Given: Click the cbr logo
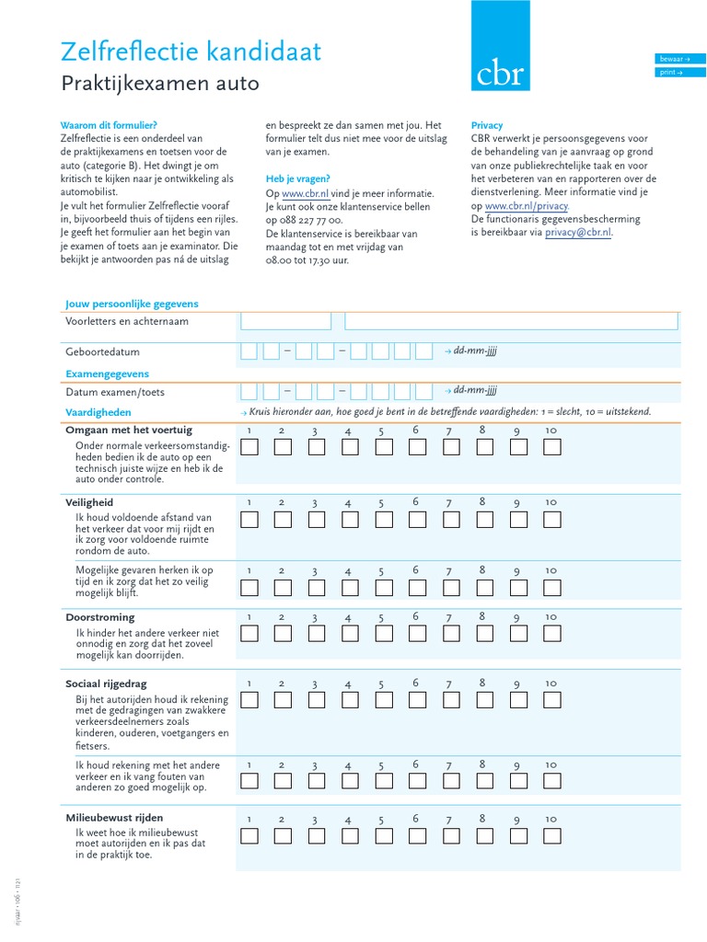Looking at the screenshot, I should click(500, 46).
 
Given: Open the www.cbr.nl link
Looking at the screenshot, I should click(305, 194).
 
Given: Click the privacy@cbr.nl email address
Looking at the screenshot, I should click(577, 233).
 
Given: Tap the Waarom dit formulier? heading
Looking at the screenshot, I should click(109, 125).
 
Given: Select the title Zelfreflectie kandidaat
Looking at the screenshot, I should click(191, 52).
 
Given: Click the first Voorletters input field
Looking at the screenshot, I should click(285, 321).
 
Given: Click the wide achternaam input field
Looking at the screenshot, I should click(511, 321).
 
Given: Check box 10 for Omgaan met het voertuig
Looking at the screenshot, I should click(551, 447).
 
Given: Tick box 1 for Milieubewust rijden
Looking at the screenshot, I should click(249, 836).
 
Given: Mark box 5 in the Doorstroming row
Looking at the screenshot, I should click(384, 633).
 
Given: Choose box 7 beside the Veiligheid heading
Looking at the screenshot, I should click(451, 520).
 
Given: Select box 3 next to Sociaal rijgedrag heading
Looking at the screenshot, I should click(317, 700).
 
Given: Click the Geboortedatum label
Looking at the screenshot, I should click(102, 352).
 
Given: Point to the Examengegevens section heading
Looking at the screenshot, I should click(107, 374).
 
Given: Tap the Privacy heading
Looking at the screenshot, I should click(487, 125).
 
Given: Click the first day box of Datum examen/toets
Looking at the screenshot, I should click(249, 391).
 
